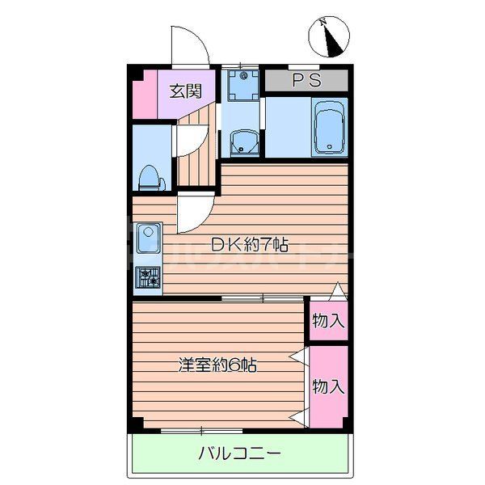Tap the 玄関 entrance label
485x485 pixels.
pyautogui.click(x=184, y=90)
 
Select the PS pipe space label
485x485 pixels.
pyautogui.click(x=306, y=80)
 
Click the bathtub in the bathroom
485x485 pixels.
pyautogui.click(x=328, y=127)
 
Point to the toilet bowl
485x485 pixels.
pyautogui.click(x=150, y=176)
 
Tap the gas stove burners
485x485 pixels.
pyautogui.click(x=149, y=278)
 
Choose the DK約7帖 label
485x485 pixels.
pyautogui.click(x=250, y=243)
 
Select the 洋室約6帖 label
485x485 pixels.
pyautogui.click(x=217, y=365)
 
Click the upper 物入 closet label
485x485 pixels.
pyautogui.click(x=328, y=320)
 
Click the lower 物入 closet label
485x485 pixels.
pyautogui.click(x=328, y=386)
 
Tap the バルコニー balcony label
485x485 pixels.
pyautogui.click(x=240, y=453)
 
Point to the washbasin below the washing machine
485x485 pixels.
pyautogui.click(x=242, y=144)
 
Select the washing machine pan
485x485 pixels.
pyautogui.click(x=242, y=83)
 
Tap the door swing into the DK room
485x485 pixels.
pyautogui.click(x=194, y=214)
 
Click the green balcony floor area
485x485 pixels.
pyautogui.click(x=162, y=465)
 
